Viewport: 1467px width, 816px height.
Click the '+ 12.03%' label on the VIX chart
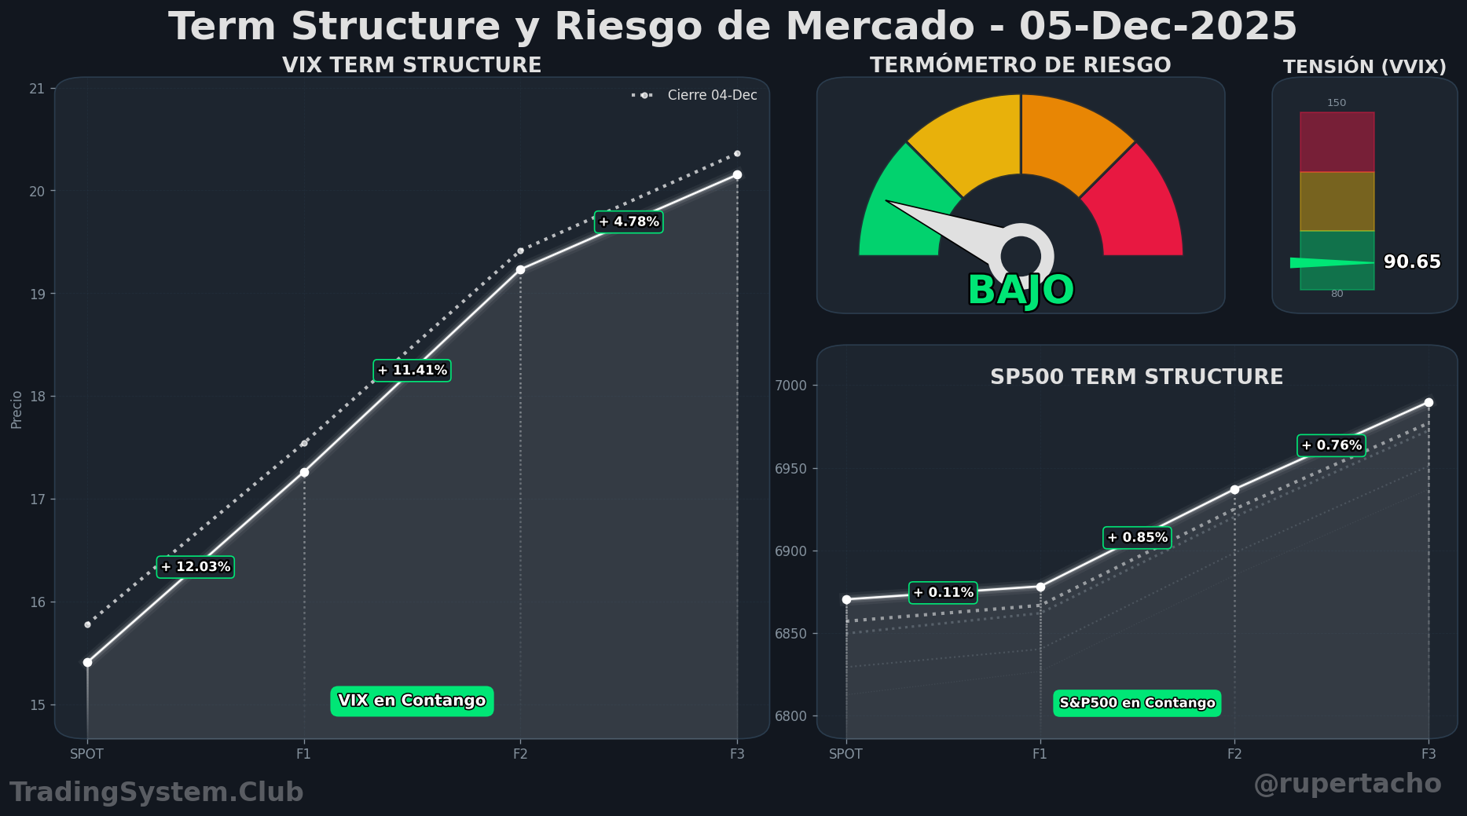point(196,567)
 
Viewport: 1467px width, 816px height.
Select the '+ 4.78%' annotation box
point(629,222)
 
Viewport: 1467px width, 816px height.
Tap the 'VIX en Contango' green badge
point(412,701)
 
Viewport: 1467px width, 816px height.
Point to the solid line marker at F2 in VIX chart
point(520,270)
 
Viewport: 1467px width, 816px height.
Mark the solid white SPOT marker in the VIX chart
point(87,663)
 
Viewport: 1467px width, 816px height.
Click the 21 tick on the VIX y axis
point(37,89)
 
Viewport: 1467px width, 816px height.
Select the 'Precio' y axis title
point(17,410)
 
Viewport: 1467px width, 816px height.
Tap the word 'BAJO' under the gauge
point(1020,291)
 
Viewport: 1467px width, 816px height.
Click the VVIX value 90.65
point(1411,262)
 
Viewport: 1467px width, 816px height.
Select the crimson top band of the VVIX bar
point(1337,142)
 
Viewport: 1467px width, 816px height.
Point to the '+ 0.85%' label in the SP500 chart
point(1137,538)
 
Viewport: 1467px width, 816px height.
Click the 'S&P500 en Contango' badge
point(1137,703)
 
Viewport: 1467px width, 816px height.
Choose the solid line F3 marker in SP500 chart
point(1428,403)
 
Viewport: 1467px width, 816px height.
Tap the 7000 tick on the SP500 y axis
point(790,386)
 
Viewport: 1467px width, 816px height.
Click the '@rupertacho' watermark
point(1347,784)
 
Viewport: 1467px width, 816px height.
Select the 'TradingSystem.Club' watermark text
point(156,792)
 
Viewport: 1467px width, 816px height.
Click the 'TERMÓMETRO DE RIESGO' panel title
point(1020,65)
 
